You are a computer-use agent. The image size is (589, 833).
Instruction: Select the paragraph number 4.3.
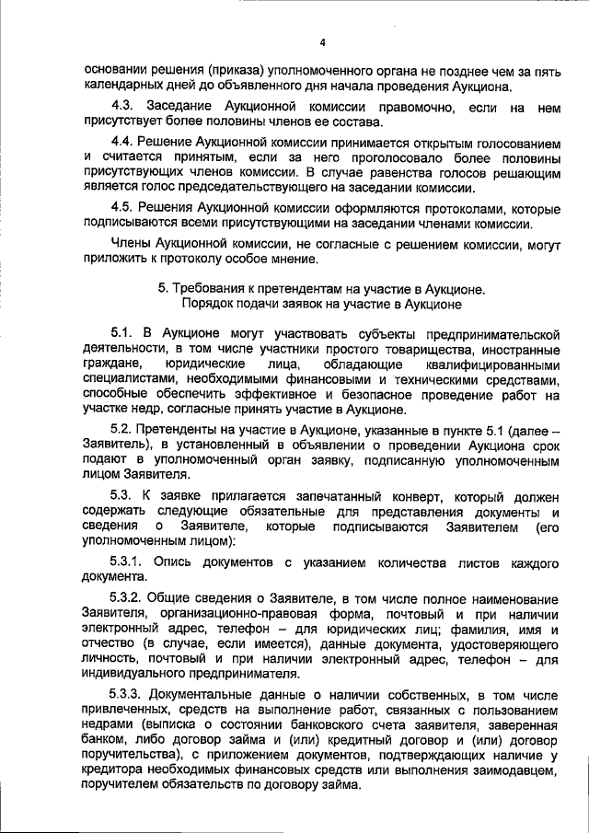[122, 109]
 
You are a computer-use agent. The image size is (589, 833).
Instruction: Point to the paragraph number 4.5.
[122, 206]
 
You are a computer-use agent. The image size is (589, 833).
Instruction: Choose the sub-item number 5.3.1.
[127, 561]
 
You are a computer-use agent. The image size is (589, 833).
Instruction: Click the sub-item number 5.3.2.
[127, 596]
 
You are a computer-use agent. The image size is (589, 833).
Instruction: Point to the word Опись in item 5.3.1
[172, 561]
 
